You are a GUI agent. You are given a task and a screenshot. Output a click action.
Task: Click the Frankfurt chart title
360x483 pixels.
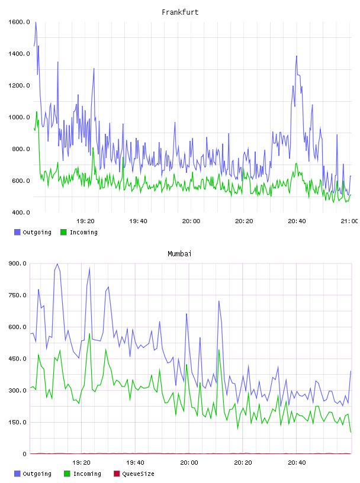[x=180, y=12]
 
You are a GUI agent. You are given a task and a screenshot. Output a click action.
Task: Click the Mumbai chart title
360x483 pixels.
[x=179, y=253]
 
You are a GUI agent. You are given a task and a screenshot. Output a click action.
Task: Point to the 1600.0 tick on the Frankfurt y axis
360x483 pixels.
[x=19, y=22]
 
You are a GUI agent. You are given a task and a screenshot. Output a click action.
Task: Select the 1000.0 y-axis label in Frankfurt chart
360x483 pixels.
[x=19, y=117]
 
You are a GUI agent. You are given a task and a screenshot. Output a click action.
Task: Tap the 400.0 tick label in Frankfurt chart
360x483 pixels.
[x=21, y=212]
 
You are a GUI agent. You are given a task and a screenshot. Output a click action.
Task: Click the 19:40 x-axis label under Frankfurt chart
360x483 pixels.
[x=138, y=221]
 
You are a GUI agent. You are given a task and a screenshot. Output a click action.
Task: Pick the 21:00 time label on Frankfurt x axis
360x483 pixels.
[x=349, y=221]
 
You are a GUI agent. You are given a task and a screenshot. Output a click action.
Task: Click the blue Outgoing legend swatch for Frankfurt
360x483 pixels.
[x=17, y=232]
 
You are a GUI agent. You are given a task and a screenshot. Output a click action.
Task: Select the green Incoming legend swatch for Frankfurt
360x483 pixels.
[x=63, y=232]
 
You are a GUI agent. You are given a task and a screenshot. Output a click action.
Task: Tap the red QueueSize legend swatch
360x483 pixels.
[x=117, y=474]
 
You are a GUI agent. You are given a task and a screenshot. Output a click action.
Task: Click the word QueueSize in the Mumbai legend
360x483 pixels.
[x=138, y=474]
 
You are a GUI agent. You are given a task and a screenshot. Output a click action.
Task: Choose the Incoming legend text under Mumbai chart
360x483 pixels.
[x=87, y=474]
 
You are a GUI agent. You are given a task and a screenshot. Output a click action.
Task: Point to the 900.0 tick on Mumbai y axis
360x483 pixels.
[x=17, y=263]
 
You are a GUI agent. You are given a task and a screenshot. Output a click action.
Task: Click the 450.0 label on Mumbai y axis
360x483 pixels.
[x=17, y=359]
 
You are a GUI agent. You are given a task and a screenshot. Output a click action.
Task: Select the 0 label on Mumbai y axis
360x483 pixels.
[x=24, y=454]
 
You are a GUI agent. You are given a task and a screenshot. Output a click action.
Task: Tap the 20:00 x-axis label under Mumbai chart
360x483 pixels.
[x=189, y=462]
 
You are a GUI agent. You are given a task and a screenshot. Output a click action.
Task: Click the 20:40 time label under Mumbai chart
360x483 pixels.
[x=297, y=462]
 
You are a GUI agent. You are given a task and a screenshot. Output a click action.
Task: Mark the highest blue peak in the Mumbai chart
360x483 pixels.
[x=57, y=264]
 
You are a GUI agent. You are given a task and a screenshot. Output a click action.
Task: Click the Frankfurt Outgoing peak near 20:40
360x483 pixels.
[x=297, y=56]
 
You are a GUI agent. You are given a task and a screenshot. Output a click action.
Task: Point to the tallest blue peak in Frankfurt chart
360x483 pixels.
[x=36, y=22]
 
